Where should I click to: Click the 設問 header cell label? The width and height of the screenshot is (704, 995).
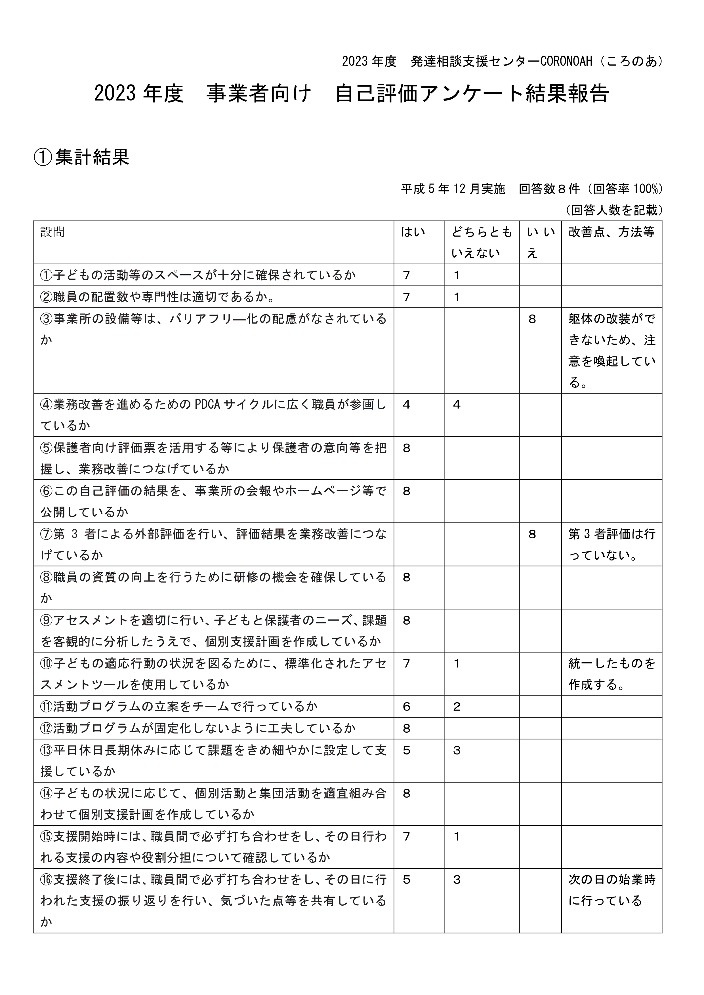[x=52, y=232]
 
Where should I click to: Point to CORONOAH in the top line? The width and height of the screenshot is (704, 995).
[x=566, y=62]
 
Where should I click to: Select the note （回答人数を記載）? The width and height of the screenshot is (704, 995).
[x=614, y=210]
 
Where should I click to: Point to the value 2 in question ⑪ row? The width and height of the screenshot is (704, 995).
[x=457, y=707]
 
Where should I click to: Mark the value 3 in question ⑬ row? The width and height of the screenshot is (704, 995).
[x=457, y=750]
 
